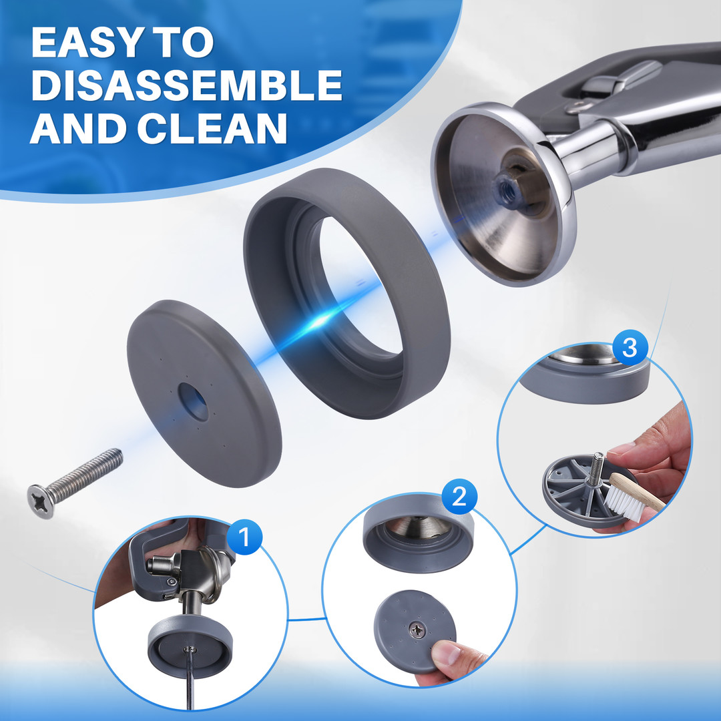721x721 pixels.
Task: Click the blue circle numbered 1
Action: tap(244, 537)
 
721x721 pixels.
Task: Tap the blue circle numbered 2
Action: tap(459, 497)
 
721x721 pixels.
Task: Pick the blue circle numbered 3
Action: tap(630, 348)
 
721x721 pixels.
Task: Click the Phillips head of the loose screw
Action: tap(41, 501)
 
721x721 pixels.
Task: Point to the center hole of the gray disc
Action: tap(193, 401)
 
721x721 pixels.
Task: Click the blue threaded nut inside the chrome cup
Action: tap(508, 190)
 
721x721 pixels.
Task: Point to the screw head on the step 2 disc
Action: tap(417, 630)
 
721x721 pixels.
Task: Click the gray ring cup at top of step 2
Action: tap(418, 533)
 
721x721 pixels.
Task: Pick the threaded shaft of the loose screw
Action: tap(85, 473)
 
